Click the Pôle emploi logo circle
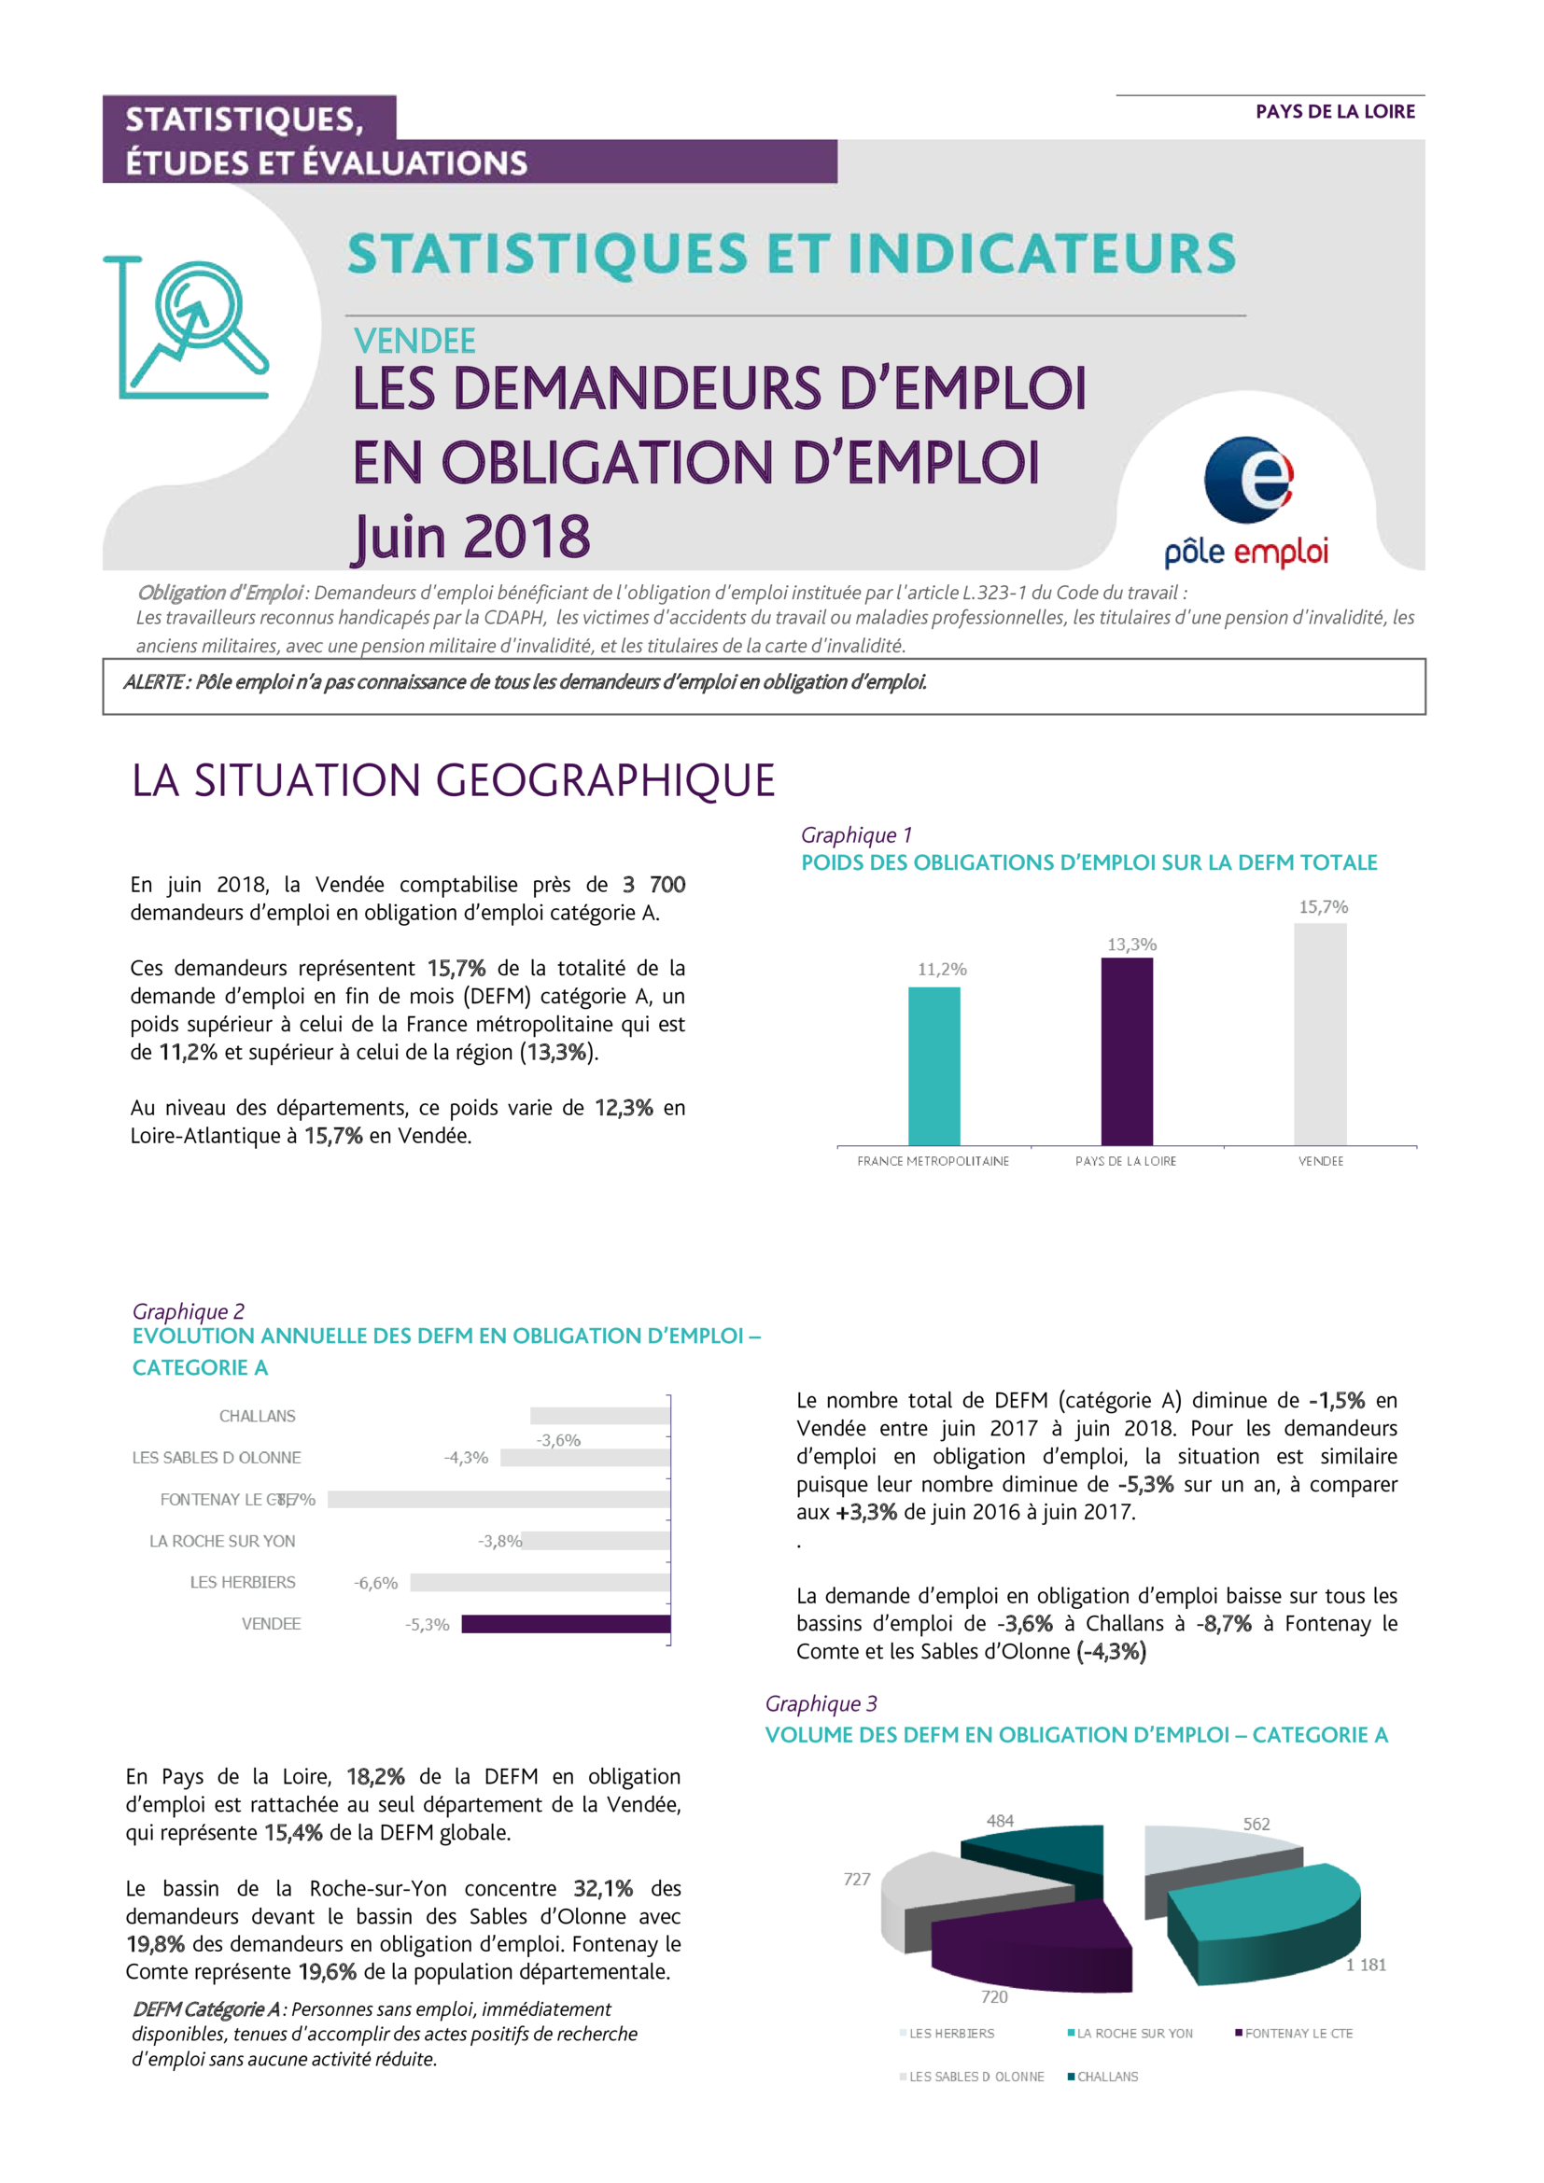[x=1248, y=479]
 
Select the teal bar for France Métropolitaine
[x=933, y=1066]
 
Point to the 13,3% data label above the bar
[x=1131, y=945]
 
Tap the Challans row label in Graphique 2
[x=257, y=1416]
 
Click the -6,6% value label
[x=375, y=1583]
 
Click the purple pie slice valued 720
[x=1032, y=1945]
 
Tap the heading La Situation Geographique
[x=454, y=780]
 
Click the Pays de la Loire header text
[x=1335, y=112]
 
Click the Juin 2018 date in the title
[x=471, y=538]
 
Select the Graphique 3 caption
[x=821, y=1704]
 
